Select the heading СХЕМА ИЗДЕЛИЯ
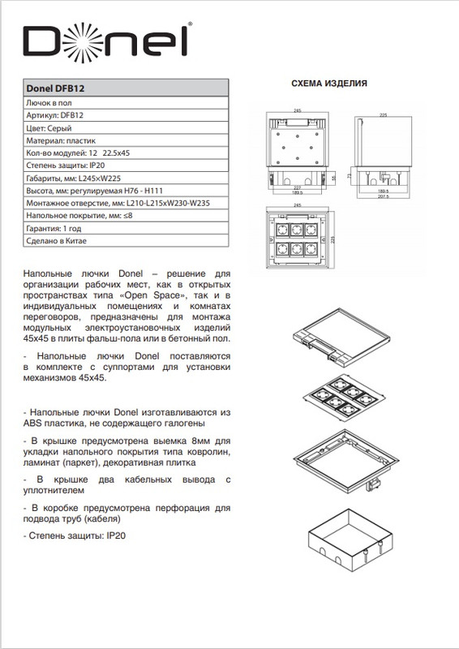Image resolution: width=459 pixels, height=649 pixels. coord(329,84)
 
